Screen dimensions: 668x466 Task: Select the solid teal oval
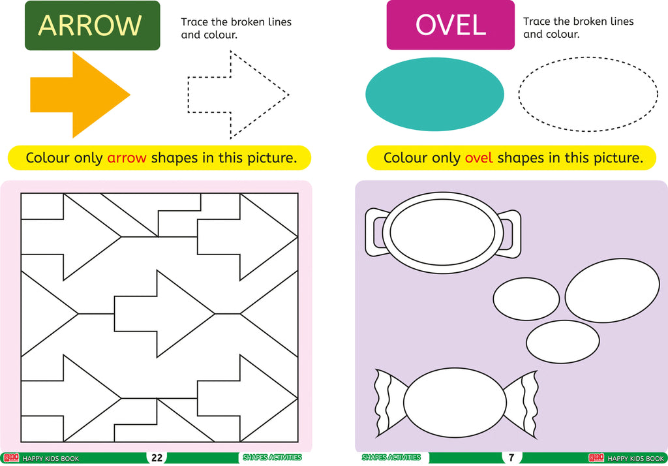[x=434, y=94]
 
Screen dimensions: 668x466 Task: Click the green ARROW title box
[x=93, y=25]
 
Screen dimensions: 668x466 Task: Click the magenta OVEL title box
[x=450, y=25]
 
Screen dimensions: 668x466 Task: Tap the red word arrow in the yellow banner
[x=127, y=158]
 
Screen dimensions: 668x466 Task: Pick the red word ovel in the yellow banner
[x=478, y=158]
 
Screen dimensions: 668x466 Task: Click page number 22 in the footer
[x=157, y=458]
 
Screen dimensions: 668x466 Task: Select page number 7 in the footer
[x=511, y=458]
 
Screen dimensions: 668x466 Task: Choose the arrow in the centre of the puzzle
[x=164, y=314]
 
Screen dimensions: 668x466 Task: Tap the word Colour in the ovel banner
[x=404, y=158]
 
